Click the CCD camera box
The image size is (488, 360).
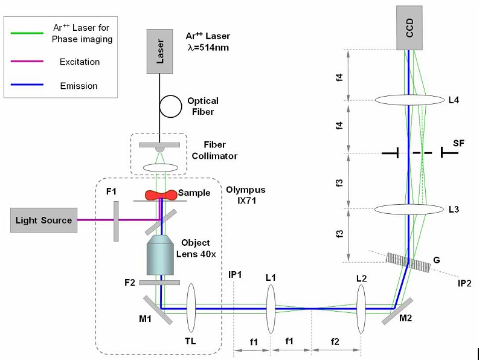pos(409,28)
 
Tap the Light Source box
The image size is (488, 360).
pos(44,220)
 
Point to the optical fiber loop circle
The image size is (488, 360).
pos(170,106)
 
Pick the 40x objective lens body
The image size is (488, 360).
pos(159,256)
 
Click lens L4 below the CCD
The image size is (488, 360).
pos(409,100)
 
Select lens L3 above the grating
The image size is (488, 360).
pos(409,209)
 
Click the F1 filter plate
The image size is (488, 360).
pos(115,220)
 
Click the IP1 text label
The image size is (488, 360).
pos(235,275)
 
